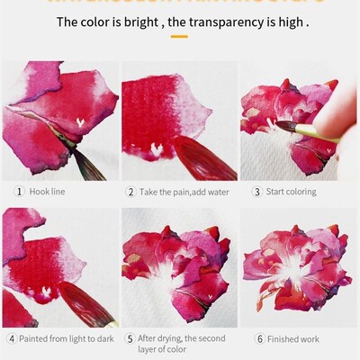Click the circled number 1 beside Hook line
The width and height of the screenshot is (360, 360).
(18, 192)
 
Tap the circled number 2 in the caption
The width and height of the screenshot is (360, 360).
(130, 192)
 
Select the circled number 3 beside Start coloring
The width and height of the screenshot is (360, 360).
(256, 192)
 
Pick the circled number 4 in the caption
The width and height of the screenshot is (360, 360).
(11, 339)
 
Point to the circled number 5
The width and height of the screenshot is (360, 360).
(130, 339)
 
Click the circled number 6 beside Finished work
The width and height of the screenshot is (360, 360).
(261, 339)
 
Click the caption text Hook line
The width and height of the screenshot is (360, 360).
(47, 192)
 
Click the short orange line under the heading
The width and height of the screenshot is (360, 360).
(179, 37)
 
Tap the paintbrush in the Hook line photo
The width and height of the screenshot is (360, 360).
(76, 153)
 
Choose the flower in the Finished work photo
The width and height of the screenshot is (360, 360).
(297, 265)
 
